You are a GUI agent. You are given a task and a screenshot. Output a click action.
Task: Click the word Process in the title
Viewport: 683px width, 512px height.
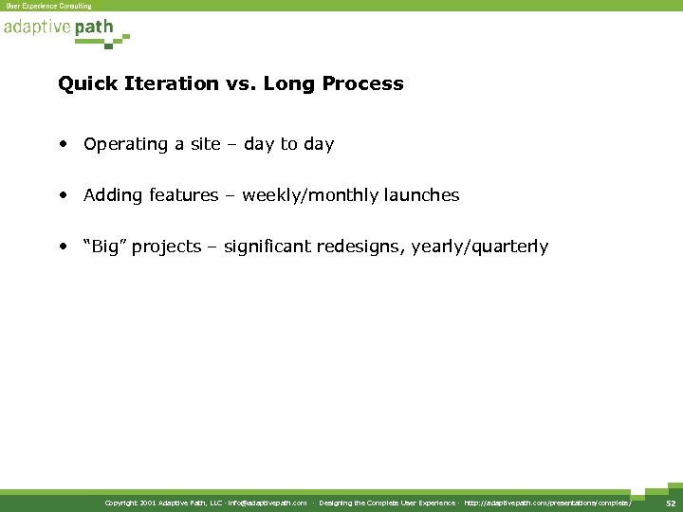click(363, 83)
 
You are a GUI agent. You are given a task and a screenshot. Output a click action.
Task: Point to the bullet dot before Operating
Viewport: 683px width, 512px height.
click(62, 145)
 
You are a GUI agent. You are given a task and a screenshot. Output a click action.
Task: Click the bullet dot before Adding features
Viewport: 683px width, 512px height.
click(62, 196)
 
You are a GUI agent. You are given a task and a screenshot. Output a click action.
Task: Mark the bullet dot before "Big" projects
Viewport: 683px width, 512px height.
click(62, 247)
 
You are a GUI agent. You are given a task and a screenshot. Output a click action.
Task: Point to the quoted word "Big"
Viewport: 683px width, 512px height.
click(105, 247)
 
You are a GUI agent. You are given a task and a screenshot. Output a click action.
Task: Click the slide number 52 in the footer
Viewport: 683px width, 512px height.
click(670, 503)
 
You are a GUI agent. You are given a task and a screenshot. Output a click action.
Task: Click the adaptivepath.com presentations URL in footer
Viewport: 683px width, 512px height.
click(547, 503)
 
